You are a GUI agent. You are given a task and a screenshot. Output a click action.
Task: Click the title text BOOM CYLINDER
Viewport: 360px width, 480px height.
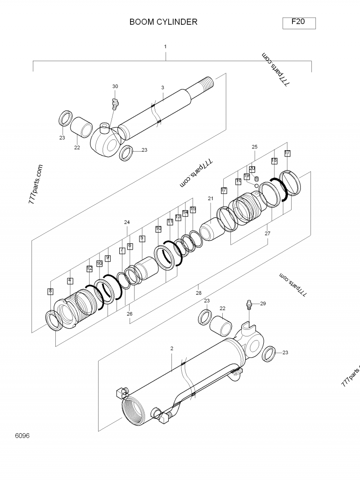tap(163, 22)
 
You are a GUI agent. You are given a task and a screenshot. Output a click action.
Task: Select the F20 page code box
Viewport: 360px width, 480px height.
tap(299, 22)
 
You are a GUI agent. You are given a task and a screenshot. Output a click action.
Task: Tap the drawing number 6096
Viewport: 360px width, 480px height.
tap(22, 436)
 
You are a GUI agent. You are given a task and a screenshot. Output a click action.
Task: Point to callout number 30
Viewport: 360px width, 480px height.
tap(115, 86)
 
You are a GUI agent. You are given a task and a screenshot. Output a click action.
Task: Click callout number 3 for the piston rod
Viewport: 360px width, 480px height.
tap(162, 87)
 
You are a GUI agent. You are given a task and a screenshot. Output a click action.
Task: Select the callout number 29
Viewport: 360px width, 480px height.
tap(263, 304)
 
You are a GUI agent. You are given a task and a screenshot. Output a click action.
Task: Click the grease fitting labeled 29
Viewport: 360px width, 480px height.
tap(248, 306)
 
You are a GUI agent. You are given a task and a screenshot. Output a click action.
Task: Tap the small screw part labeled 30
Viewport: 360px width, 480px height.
tap(115, 104)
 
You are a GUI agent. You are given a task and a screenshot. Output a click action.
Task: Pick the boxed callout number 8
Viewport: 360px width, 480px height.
tap(50, 291)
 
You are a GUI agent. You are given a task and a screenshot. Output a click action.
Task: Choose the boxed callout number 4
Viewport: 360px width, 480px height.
tap(70, 280)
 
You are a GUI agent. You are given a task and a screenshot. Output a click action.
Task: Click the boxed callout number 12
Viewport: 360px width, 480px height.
tap(90, 269)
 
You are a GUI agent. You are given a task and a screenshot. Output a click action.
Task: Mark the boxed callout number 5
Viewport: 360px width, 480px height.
tap(142, 238)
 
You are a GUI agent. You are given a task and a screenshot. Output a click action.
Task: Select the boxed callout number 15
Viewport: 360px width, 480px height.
tap(193, 209)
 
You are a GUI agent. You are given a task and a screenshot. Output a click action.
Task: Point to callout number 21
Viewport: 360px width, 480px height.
tap(210, 198)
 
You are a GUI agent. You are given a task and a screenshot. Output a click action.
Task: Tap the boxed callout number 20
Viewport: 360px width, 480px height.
tap(252, 169)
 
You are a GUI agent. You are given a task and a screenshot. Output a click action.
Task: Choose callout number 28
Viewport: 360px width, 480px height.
tap(198, 293)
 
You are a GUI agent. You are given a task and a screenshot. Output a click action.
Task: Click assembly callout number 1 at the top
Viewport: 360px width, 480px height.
tap(165, 46)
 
